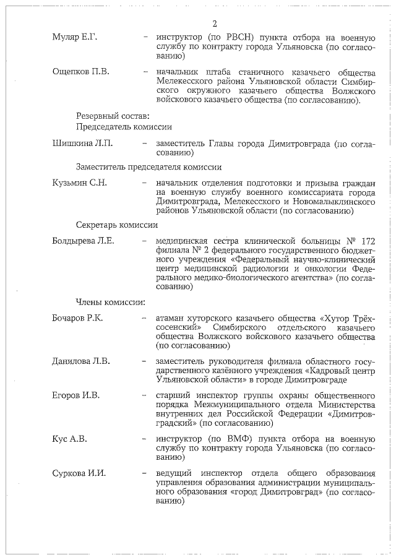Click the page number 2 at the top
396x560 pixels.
coord(214,24)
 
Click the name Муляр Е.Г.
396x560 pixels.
coord(75,38)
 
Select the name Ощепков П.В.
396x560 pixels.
coord(80,72)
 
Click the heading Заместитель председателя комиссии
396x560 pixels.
coord(148,167)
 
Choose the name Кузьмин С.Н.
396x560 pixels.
coord(80,183)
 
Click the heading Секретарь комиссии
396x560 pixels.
coord(116,225)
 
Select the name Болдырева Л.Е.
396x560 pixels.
coord(83,241)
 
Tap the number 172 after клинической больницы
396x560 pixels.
coord(366,241)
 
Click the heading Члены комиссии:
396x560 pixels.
coord(111,303)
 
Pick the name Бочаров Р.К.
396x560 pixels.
coord(77,318)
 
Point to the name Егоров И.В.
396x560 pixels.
coord(76,395)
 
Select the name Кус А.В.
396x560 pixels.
coord(69,439)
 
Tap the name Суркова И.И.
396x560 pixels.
coord(80,473)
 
